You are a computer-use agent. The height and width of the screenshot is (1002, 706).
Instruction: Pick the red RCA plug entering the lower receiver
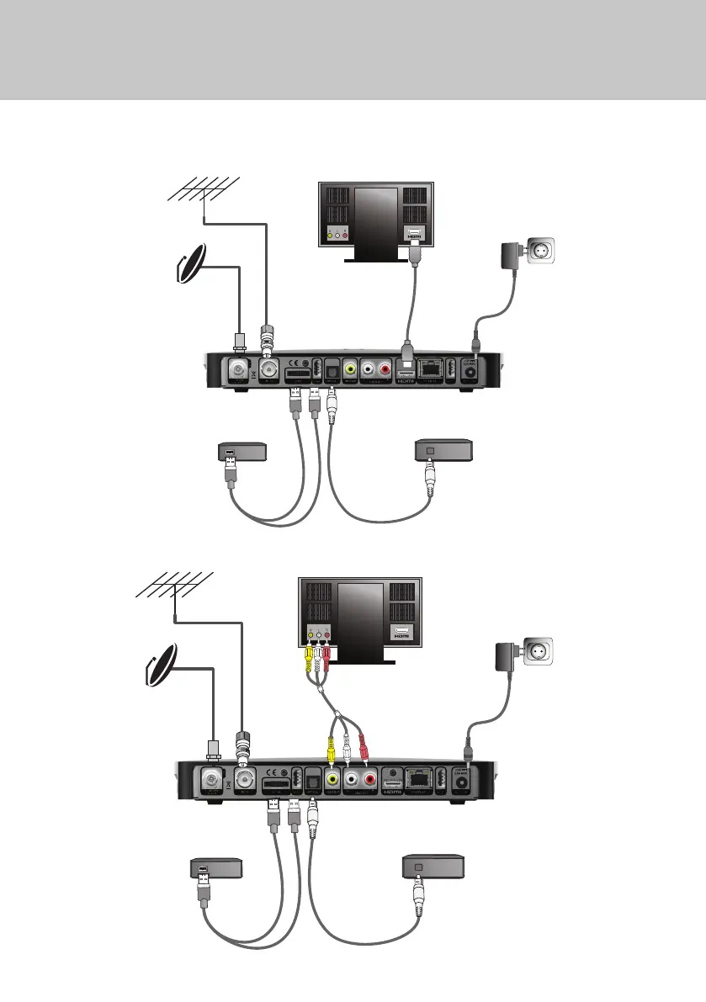pos(364,745)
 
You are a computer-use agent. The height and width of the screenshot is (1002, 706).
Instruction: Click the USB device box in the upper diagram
pos(242,452)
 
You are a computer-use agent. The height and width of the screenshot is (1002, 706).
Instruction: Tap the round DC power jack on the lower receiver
pos(462,782)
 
